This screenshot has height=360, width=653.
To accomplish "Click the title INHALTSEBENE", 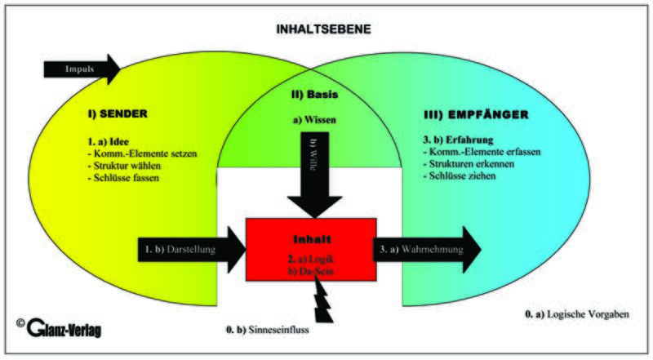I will (x=326, y=29).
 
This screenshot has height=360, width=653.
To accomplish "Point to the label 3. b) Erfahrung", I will (x=457, y=139).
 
